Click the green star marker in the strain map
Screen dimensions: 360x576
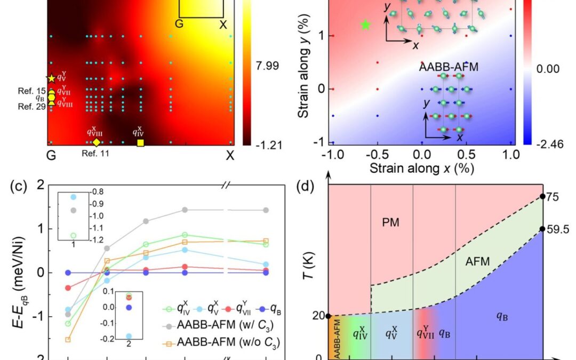365,25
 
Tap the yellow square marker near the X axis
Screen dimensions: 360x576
140,142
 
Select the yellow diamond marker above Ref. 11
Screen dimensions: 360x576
96,142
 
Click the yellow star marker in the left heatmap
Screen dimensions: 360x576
51,78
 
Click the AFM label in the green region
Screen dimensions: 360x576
477,261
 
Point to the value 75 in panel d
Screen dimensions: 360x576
553,196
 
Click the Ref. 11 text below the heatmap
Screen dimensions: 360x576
95,154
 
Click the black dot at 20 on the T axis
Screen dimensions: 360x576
328,316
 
